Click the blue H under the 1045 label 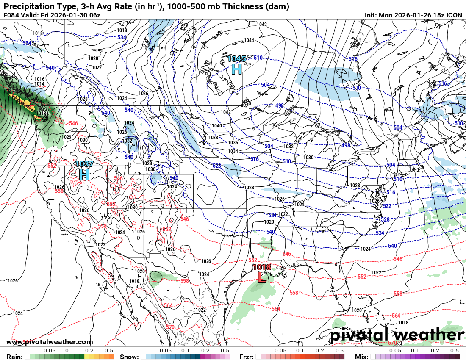point(236,68)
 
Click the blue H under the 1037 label point(84,174)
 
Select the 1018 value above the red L point(261,267)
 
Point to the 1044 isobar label point(249,40)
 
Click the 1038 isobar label point(213,138)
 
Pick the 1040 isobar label point(216,126)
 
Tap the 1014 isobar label point(39,84)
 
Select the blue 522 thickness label point(387,206)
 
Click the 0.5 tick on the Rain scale point(109,351)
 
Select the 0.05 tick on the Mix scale point(395,351)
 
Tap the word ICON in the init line point(454,15)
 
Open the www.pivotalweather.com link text point(50,342)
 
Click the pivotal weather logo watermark point(397,335)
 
